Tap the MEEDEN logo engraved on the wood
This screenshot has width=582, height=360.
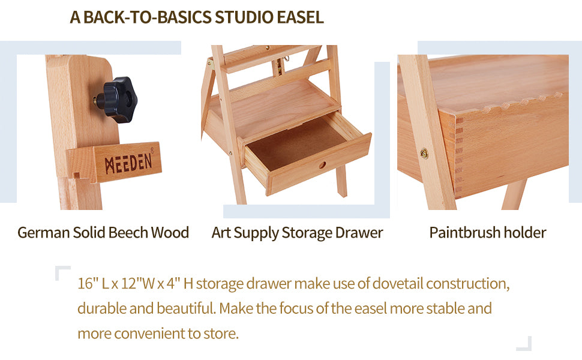pos(128,163)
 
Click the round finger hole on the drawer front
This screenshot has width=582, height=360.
pos(322,164)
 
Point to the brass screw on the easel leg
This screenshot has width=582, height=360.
pos(424,153)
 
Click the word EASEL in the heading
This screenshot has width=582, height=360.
pos(300,17)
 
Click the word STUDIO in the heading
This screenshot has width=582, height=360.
pos(244,17)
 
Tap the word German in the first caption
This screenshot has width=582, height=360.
pos(43,233)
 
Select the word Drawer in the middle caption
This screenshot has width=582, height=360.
pos(359,233)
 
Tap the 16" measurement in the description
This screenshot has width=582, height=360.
pos(88,284)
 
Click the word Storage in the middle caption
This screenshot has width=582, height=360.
pos(307,233)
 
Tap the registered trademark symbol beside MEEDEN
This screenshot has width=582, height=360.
pos(152,151)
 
